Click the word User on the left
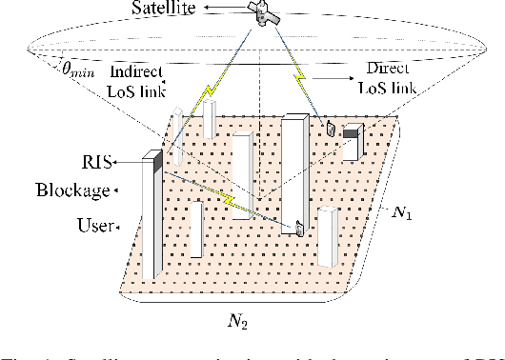(92, 227)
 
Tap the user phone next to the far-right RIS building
(331, 129)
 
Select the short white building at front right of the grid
(327, 237)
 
